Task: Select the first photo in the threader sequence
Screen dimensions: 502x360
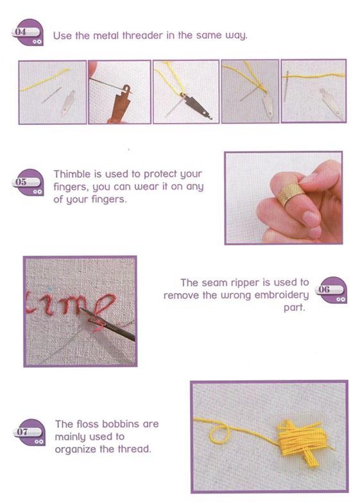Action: (52, 92)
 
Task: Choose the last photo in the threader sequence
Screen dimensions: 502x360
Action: (314, 92)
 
